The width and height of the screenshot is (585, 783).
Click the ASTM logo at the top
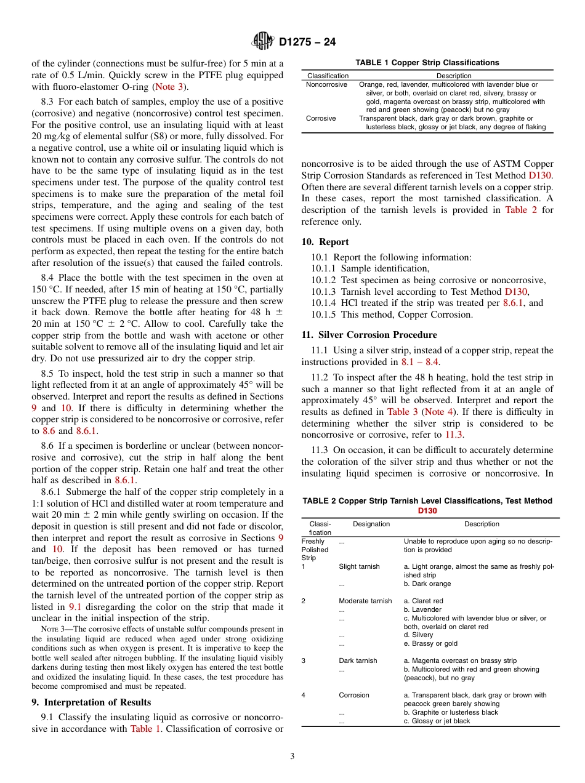[263, 42]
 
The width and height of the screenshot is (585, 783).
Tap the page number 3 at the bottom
[292, 756]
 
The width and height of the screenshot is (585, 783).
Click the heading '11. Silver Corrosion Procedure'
[369, 335]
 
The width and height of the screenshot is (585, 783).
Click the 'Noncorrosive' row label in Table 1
[326, 84]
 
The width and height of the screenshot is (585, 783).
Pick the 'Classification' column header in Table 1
[328, 76]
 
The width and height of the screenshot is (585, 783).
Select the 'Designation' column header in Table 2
[371, 524]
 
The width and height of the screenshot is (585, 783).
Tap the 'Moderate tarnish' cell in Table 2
[365, 601]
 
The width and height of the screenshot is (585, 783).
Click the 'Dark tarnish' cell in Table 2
[358, 661]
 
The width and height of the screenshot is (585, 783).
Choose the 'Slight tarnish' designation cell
[359, 566]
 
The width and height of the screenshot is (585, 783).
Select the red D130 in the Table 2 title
[427, 510]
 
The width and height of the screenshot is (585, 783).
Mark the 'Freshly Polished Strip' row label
[315, 550]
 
